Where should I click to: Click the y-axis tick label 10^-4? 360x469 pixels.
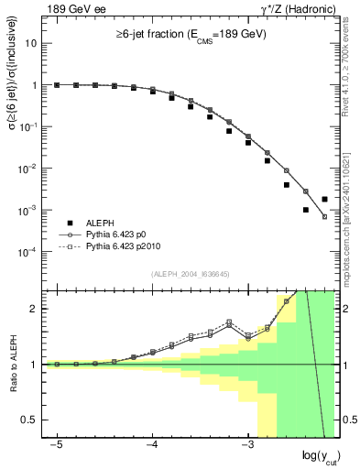click(30, 252)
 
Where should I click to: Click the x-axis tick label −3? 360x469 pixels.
click(246, 444)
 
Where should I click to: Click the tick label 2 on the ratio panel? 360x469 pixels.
click(36, 309)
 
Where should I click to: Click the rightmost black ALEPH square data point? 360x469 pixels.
click(325, 199)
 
